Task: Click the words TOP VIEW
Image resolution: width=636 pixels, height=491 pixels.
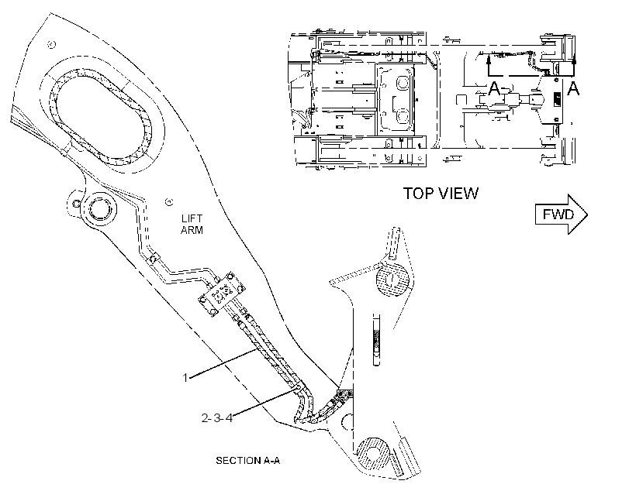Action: [x=441, y=194]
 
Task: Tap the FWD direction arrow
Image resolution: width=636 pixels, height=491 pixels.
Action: [x=562, y=215]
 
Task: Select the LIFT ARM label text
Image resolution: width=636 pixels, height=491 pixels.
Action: [x=192, y=225]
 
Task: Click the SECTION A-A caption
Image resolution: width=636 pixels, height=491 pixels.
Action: [x=247, y=461]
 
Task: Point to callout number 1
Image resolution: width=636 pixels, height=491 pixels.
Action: [x=185, y=378]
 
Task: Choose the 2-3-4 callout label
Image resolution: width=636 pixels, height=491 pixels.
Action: [x=217, y=417]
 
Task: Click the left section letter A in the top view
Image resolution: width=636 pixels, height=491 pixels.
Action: [x=494, y=88]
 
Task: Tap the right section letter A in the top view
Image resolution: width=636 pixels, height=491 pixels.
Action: [x=573, y=88]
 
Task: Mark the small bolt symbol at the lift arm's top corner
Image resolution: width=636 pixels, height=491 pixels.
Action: [x=51, y=45]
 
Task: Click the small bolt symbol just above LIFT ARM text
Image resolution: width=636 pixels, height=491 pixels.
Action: [x=169, y=202]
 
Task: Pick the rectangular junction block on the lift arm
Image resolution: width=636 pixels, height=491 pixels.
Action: [x=222, y=294]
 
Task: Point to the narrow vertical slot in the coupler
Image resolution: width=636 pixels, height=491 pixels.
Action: [x=377, y=340]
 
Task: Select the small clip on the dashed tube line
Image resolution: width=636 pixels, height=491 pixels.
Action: [x=154, y=258]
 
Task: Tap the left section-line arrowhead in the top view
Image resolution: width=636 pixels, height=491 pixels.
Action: [x=488, y=60]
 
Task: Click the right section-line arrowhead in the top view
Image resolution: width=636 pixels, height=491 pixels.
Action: [x=573, y=60]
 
